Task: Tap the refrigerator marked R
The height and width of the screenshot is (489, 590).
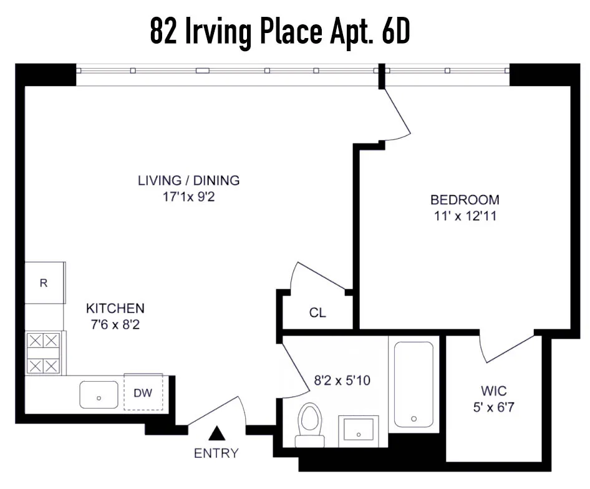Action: (x=44, y=283)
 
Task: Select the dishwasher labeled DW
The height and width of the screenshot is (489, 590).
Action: (x=143, y=393)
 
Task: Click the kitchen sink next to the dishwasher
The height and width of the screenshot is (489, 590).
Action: (x=99, y=395)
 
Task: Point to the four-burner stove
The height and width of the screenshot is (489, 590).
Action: (x=44, y=353)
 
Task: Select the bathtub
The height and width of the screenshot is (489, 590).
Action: (x=413, y=384)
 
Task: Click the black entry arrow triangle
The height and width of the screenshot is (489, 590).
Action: (x=216, y=432)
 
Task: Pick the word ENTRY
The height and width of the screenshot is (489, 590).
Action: (x=216, y=453)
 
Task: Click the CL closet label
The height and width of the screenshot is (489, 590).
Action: (x=317, y=312)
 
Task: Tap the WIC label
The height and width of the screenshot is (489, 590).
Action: (x=494, y=391)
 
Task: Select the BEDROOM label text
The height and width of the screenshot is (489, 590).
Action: (x=465, y=200)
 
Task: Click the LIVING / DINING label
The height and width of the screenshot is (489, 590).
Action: (x=188, y=181)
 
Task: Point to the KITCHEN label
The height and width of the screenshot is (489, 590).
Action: (x=115, y=308)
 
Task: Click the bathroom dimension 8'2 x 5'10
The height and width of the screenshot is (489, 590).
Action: (x=342, y=380)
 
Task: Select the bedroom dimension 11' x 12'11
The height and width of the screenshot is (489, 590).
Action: (x=465, y=217)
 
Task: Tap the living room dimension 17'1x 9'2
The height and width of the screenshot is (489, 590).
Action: (x=188, y=197)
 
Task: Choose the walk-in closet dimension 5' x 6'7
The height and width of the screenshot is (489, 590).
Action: (x=494, y=409)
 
